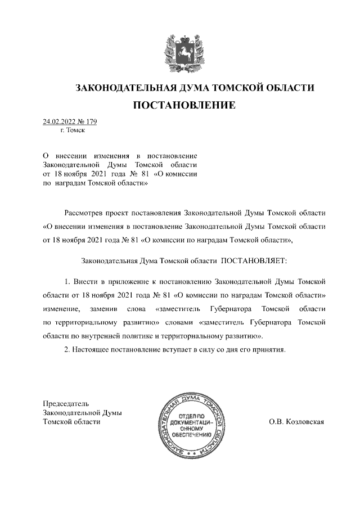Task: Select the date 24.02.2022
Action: tap(58, 121)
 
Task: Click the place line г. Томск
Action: tap(72, 130)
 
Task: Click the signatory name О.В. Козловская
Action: tap(297, 422)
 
